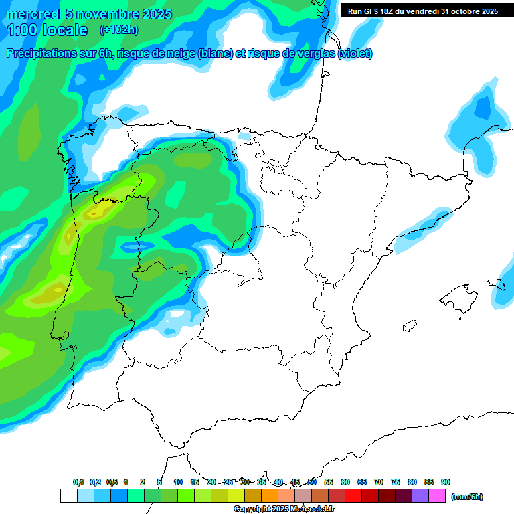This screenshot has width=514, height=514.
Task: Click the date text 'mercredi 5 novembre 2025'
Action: pyautogui.click(x=86, y=14)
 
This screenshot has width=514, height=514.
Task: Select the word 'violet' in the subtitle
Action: pyautogui.click(x=355, y=54)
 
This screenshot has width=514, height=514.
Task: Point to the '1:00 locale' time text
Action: pyautogui.click(x=48, y=30)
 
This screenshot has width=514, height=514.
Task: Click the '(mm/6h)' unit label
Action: pyautogui.click(x=466, y=497)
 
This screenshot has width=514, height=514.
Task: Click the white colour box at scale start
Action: pyautogui.click(x=68, y=496)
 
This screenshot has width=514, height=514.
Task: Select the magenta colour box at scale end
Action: pyautogui.click(x=437, y=496)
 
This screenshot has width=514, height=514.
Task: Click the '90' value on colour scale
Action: pyautogui.click(x=445, y=482)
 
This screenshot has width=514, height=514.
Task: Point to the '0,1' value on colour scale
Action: pyautogui.click(x=78, y=482)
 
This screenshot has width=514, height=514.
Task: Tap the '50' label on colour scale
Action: pyautogui.click(x=312, y=482)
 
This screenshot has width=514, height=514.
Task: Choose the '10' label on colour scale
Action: pyautogui.click(x=178, y=482)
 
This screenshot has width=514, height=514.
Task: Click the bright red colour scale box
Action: pyautogui.click(x=353, y=496)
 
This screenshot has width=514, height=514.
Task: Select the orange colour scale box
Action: pyautogui.click(x=270, y=496)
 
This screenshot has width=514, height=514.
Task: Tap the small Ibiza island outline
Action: pyautogui.click(x=410, y=326)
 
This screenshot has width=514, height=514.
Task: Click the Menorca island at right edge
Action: pyautogui.click(x=497, y=284)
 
